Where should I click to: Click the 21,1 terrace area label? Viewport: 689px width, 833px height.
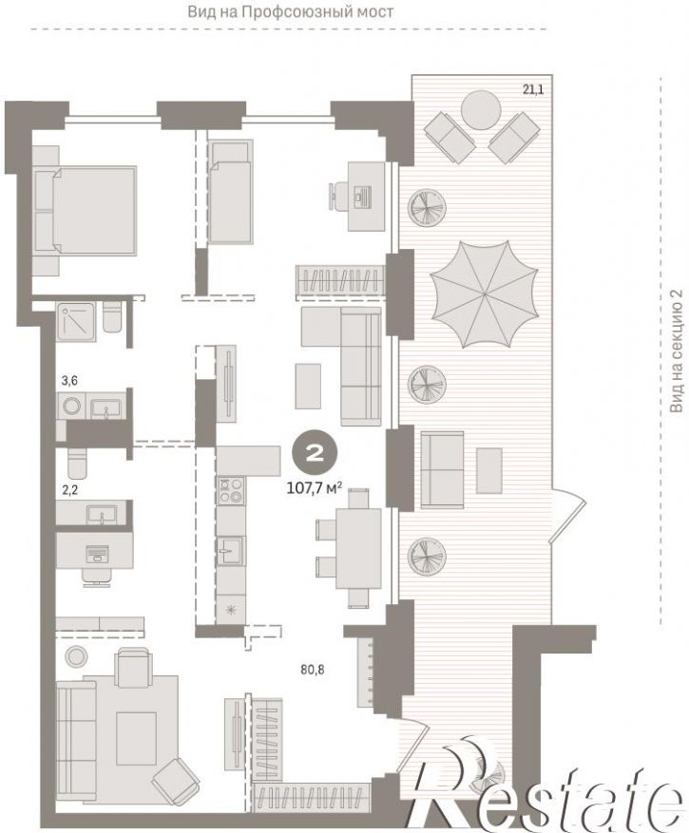(533, 89)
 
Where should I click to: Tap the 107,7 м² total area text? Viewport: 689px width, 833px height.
(314, 487)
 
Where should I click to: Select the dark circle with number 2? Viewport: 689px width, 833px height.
(315, 453)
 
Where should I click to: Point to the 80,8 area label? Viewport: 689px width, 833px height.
(312, 670)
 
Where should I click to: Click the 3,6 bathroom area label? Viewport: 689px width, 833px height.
(69, 380)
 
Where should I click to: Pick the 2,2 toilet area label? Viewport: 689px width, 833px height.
(69, 490)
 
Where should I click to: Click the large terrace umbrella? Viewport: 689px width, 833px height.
(484, 293)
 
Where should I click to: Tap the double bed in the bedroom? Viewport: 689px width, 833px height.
(85, 209)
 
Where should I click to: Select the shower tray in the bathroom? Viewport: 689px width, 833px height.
(77, 321)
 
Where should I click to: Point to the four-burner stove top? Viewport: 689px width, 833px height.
(230, 490)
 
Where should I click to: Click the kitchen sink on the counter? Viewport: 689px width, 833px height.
(230, 550)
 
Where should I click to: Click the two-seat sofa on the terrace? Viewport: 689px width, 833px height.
(442, 469)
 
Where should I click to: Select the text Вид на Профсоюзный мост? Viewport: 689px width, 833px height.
(291, 11)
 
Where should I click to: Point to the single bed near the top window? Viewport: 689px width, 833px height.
(230, 191)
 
